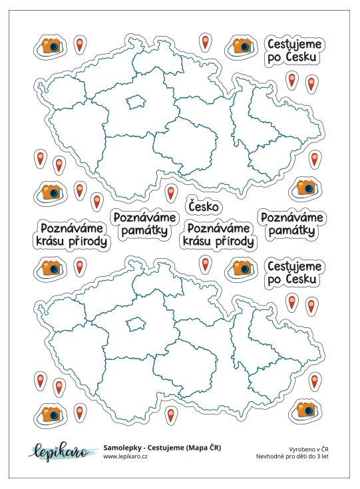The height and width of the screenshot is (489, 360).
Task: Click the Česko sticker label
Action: click(x=204, y=207)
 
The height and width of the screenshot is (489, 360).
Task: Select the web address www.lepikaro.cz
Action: click(x=126, y=457)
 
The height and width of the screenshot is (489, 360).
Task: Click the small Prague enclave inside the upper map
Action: click(x=135, y=102)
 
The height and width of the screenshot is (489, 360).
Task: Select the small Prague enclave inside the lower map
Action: click(x=136, y=323)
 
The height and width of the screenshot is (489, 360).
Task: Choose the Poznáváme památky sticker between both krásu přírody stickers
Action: click(x=145, y=225)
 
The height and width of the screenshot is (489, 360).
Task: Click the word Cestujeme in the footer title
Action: click(x=168, y=448)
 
